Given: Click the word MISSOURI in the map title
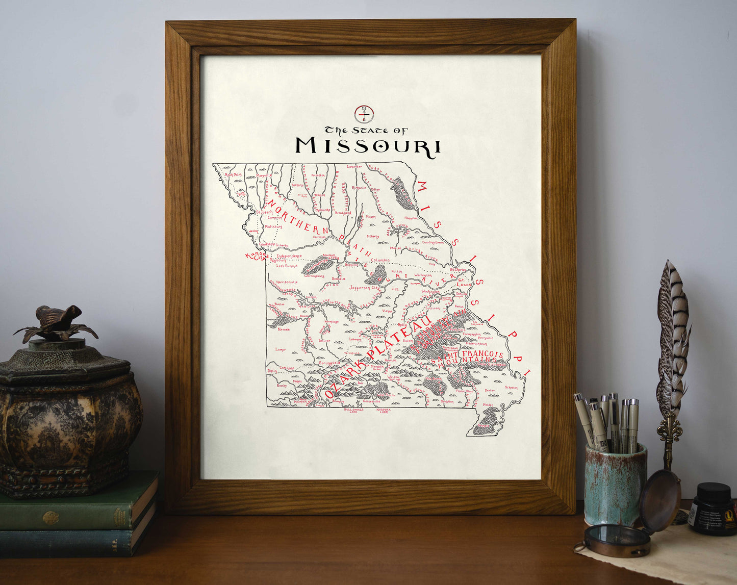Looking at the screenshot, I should click(368, 145).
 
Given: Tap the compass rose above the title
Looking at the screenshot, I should click(363, 114).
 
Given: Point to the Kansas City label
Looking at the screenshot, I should click(257, 256).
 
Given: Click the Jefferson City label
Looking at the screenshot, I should click(364, 288).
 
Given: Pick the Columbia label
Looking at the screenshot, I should click(380, 260).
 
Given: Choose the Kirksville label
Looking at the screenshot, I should click(359, 187).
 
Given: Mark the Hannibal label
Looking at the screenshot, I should click(411, 218).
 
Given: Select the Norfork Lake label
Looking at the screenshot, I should click(384, 410).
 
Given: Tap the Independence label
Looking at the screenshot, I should click(289, 256).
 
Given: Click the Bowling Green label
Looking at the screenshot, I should click(433, 242).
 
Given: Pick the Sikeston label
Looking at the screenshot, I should click(511, 388).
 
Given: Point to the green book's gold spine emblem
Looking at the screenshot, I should click(50, 518).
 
